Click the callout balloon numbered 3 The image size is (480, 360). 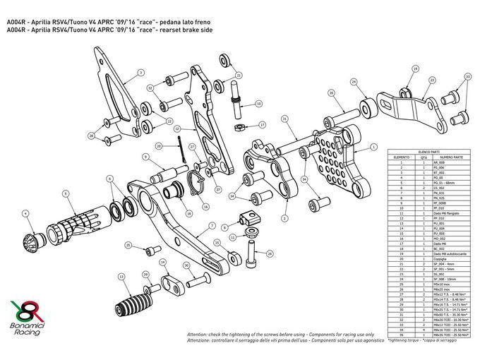[140, 72]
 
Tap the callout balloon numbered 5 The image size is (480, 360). [65, 193]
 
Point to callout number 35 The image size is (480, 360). [330, 92]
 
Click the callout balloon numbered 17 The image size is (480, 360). [262, 124]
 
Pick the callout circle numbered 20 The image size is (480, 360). [160, 145]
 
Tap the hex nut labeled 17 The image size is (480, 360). [240, 127]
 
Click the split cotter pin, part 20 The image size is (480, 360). [184, 149]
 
